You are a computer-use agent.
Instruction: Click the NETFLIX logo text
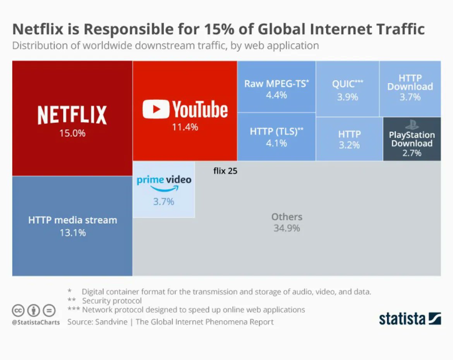click(72, 115)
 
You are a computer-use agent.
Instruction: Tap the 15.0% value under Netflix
click(72, 133)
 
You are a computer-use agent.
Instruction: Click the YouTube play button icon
click(156, 109)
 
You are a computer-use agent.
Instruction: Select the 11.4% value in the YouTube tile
click(185, 127)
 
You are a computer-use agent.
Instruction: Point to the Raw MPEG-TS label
click(276, 84)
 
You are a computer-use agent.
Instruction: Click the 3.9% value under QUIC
click(347, 97)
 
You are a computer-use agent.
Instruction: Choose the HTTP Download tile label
click(410, 82)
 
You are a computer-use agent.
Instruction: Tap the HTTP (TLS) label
click(276, 131)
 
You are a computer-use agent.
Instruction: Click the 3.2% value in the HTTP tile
click(349, 145)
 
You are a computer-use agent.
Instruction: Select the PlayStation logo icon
click(412, 125)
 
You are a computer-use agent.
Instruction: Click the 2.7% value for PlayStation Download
click(412, 153)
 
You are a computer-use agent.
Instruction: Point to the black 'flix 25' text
click(225, 171)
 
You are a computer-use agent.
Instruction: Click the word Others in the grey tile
click(287, 217)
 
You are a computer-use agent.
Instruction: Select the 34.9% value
click(287, 228)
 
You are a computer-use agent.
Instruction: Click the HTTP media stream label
click(72, 220)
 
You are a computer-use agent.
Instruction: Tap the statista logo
click(410, 319)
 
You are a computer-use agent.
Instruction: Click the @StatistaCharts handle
click(36, 322)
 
